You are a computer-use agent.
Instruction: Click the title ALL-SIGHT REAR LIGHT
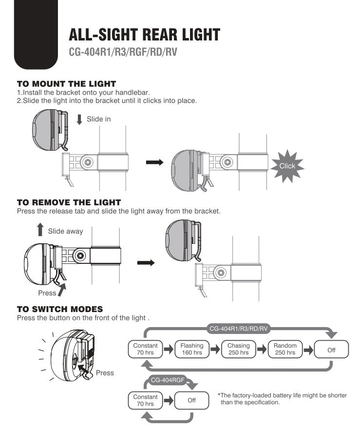point(144,35)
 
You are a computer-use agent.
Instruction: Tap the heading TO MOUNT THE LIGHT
point(66,84)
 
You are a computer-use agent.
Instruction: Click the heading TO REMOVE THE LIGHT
point(69,202)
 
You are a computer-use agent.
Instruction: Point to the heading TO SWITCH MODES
point(60,309)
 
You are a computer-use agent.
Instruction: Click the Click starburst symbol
point(287,166)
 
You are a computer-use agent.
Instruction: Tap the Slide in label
point(98,119)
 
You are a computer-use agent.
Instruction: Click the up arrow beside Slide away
point(40,231)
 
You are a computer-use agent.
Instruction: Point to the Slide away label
point(65,231)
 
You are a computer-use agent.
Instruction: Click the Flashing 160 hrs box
point(191,349)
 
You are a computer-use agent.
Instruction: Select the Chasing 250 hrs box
point(238,349)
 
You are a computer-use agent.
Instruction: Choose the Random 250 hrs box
point(285,349)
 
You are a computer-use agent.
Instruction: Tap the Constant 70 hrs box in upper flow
point(145,349)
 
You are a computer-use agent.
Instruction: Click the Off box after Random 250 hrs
point(331,350)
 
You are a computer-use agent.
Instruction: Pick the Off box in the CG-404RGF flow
point(191,400)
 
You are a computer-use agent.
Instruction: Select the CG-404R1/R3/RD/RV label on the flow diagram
point(239,329)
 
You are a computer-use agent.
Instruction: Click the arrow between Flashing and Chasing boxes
point(215,349)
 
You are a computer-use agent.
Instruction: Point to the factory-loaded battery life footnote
point(282,399)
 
